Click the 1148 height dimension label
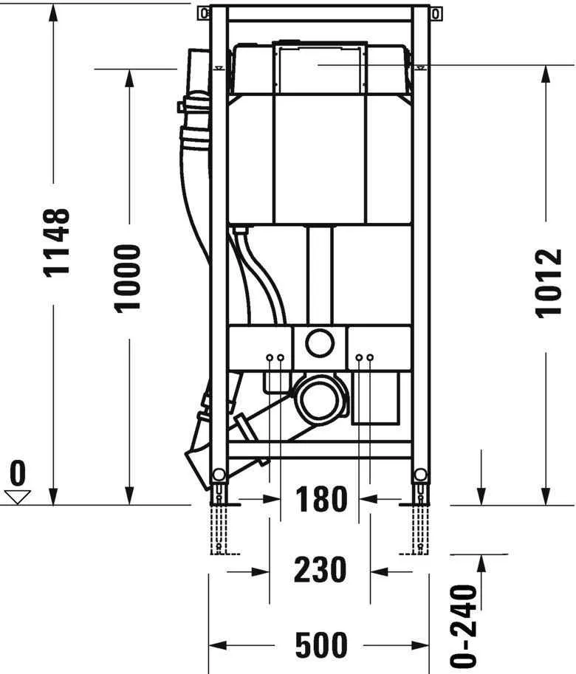point(58,242)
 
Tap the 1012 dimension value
point(549,283)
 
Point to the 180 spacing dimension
point(321,500)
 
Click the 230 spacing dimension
point(320,570)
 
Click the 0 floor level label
point(18,471)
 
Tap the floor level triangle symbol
point(18,496)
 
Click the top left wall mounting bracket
point(203,13)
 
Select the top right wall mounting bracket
point(436,13)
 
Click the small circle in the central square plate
point(320,343)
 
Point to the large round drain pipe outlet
point(320,400)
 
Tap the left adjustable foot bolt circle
point(219,474)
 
